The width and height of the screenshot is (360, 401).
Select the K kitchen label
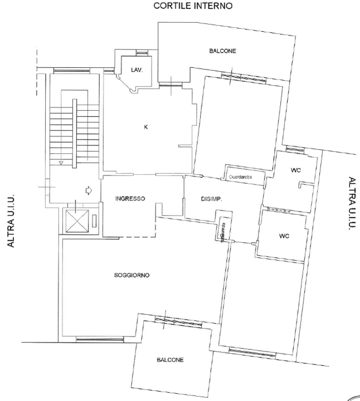146,128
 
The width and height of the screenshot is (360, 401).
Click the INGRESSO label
130,199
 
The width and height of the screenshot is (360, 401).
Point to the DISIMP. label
212,199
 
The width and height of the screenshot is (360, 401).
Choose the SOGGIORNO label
132,275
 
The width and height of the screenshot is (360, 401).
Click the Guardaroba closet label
242,177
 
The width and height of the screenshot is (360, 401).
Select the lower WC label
284,236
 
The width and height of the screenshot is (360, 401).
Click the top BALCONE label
222,51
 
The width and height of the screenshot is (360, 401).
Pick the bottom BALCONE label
169,360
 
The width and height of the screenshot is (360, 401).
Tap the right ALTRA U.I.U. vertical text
351,204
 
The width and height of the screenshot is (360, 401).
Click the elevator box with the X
76,221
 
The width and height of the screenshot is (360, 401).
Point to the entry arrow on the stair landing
87,191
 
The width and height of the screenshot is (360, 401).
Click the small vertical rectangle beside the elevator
95,221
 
